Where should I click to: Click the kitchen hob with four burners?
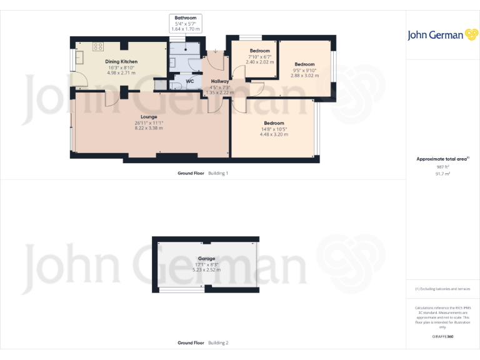click(99, 46)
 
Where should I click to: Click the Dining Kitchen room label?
click(121, 61)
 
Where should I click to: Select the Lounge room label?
click(149, 117)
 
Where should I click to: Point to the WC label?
click(190, 81)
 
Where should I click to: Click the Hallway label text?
click(220, 81)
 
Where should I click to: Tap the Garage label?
click(207, 258)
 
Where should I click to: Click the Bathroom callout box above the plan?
click(186, 23)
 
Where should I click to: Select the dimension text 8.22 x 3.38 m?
click(149, 128)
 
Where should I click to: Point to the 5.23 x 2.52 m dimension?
click(207, 269)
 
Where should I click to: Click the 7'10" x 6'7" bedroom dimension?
click(260, 57)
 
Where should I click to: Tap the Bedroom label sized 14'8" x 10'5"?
click(274, 123)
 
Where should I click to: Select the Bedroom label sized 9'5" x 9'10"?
click(304, 64)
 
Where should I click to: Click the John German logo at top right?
click(443, 36)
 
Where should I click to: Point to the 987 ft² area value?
click(442, 167)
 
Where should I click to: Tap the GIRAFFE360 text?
click(442, 337)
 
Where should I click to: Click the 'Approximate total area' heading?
click(442, 159)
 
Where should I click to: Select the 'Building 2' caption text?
click(218, 342)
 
